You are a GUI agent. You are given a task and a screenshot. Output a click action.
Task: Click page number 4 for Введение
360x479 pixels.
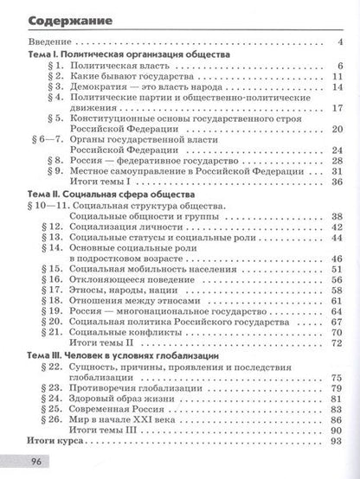[341, 42]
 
